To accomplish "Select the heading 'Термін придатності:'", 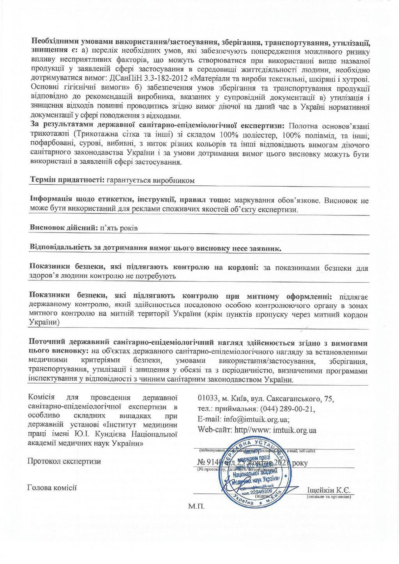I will (x=65, y=180).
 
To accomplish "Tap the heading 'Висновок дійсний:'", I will (x=64, y=228).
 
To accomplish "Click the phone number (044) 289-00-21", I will (x=286, y=409).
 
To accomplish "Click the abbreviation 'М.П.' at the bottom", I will (x=196, y=506).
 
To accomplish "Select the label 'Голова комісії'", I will (x=52, y=487).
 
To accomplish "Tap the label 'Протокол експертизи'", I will (x=64, y=462).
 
